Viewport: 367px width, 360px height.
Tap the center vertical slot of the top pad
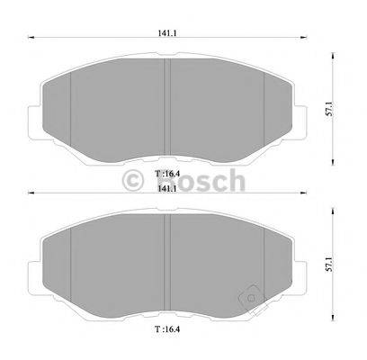[x=168, y=103]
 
